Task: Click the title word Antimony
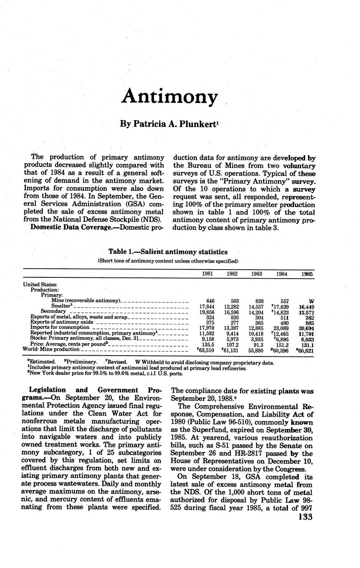(169, 97)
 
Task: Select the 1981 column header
(208, 274)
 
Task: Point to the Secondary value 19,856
(207, 312)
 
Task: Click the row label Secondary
(53, 312)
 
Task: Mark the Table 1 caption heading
(168, 251)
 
